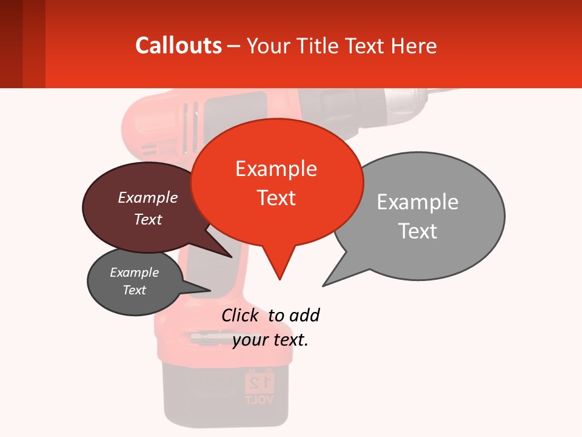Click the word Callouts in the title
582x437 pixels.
click(x=178, y=46)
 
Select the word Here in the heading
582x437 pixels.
click(x=415, y=46)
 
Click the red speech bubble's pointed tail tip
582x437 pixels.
click(x=279, y=279)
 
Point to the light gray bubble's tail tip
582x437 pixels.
click(x=323, y=285)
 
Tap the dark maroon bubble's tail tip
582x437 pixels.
click(x=231, y=257)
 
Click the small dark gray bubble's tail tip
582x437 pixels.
click(x=210, y=290)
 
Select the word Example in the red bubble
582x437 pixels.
click(x=276, y=169)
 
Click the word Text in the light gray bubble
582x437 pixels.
click(x=418, y=231)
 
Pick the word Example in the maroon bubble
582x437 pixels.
click(x=148, y=197)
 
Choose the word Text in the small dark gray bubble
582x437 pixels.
click(x=135, y=290)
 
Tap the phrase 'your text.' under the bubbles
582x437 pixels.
click(x=270, y=340)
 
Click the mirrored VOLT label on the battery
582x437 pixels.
click(x=259, y=399)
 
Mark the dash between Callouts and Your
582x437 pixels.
click(x=234, y=46)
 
